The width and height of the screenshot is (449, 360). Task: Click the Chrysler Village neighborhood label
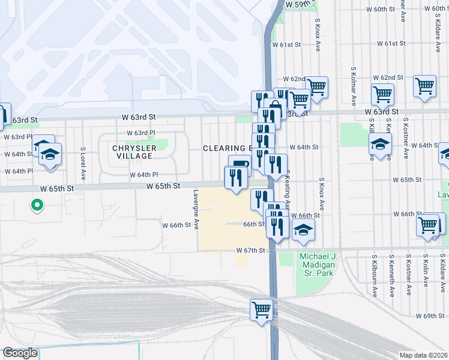pyautogui.click(x=134, y=152)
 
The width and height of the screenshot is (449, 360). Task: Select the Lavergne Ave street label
pyautogui.click(x=196, y=212)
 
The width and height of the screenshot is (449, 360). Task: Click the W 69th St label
pyautogui.click(x=429, y=316)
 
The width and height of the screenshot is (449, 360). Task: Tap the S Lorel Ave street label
pyautogui.click(x=82, y=157)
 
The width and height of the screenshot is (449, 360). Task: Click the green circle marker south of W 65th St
pyautogui.click(x=37, y=205)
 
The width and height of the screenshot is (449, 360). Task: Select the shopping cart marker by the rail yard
pyautogui.click(x=261, y=310)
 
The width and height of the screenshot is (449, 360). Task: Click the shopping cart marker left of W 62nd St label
pyautogui.click(x=316, y=86)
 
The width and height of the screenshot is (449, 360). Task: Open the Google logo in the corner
pyautogui.click(x=20, y=353)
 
